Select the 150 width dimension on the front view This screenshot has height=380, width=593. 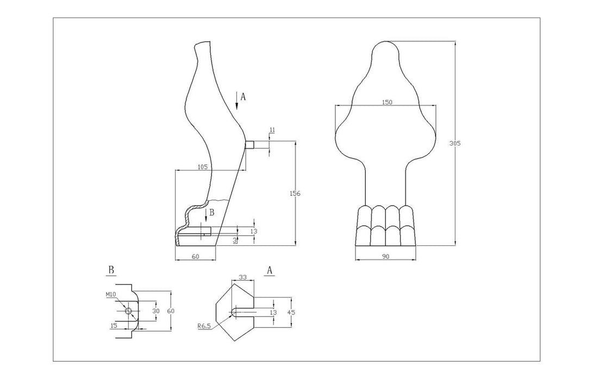[x=386, y=102]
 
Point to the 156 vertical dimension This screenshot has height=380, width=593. [x=296, y=193]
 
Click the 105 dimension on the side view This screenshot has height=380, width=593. [x=202, y=167]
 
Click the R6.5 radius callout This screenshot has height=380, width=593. [x=204, y=326]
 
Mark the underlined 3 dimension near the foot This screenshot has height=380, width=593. [x=235, y=239]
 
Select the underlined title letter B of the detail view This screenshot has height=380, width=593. [x=111, y=270]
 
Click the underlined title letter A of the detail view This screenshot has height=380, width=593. [x=270, y=270]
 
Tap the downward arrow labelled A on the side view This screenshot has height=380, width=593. [x=238, y=99]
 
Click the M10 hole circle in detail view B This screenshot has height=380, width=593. [x=129, y=311]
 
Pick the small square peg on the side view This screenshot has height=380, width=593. [x=250, y=145]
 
